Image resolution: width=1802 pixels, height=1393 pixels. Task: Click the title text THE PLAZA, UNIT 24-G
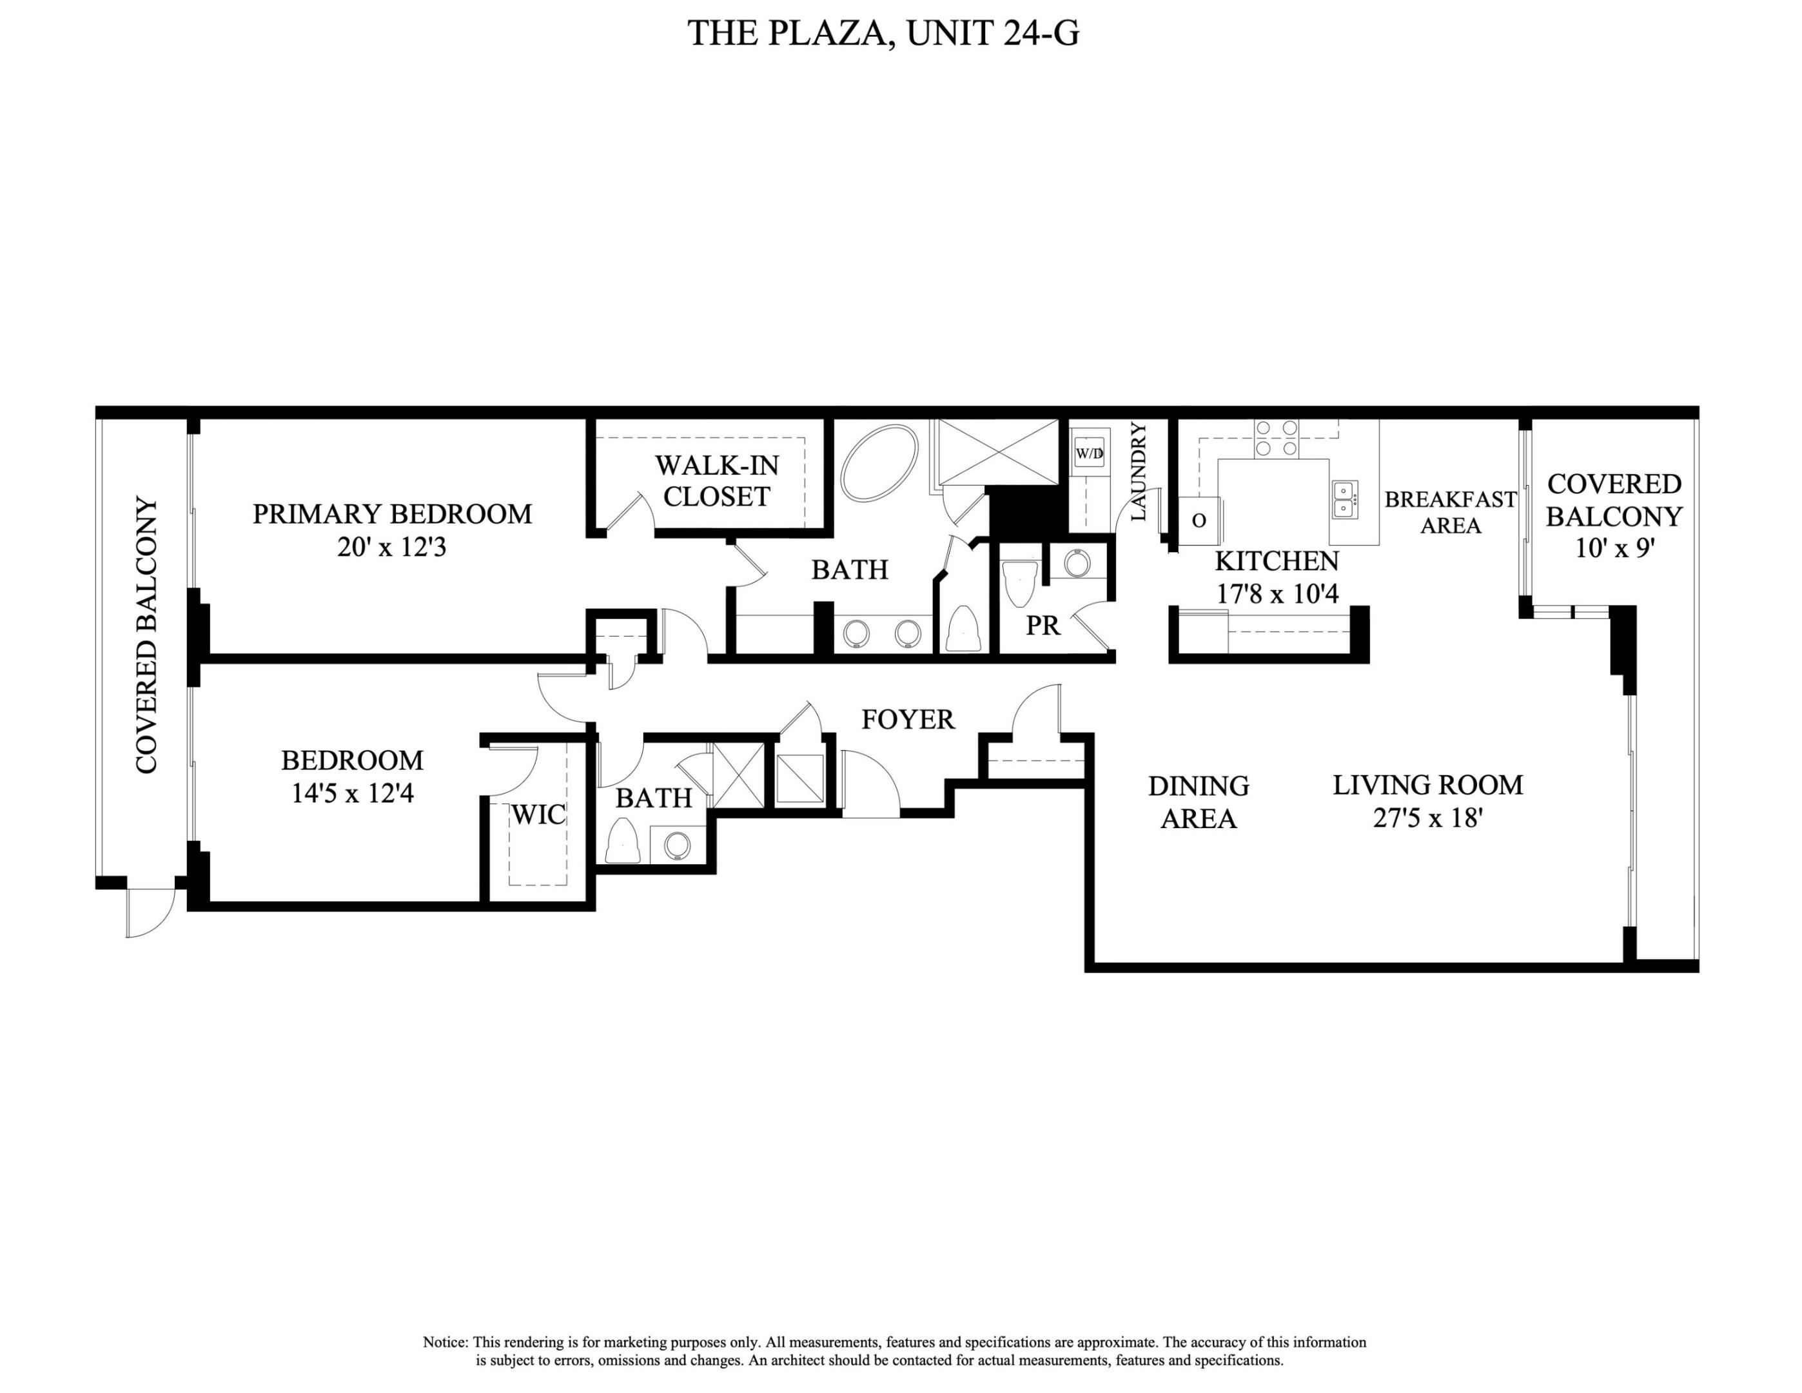883,34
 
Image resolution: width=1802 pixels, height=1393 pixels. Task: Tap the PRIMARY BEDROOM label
392,514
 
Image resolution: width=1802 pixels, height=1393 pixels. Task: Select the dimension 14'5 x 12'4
352,793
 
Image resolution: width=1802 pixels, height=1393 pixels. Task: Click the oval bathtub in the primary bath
879,462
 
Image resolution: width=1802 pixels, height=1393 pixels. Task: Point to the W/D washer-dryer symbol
1089,453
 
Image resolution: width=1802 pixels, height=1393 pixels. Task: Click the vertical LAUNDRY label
1138,471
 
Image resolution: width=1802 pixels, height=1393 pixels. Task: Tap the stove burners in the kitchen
1276,438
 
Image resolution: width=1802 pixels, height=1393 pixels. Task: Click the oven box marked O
1199,520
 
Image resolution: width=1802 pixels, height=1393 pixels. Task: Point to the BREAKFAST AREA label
1450,511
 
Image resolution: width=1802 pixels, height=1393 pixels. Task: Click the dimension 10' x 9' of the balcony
1614,549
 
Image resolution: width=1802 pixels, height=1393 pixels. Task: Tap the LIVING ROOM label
1427,785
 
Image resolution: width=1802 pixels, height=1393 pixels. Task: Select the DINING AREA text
1198,802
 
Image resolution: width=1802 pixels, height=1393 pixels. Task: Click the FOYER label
908,720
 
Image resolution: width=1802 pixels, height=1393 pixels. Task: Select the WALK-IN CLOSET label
716,481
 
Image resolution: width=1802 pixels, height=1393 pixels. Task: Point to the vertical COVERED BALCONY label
146,635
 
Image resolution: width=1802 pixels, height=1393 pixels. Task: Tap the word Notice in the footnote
445,1342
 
